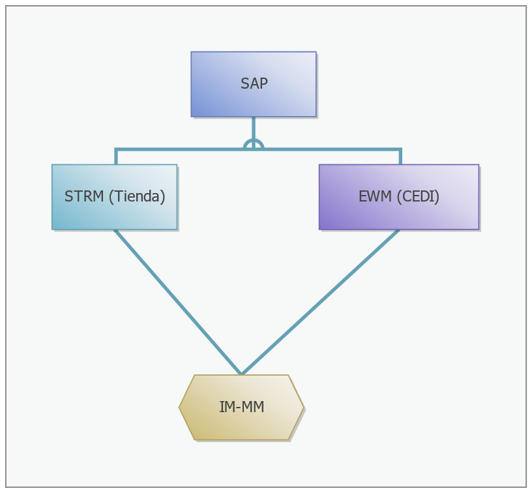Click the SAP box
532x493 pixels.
pos(254,84)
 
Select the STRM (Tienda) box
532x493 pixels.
pos(114,197)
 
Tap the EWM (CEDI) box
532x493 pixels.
pos(399,197)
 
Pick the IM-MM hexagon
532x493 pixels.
pos(241,407)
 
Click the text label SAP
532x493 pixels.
pos(254,83)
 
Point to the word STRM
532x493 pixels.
pos(84,196)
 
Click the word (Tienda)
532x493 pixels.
pos(137,197)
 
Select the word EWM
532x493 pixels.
pos(376,196)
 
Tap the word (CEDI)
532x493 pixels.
pos(418,197)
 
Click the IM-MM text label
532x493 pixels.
pos(242,407)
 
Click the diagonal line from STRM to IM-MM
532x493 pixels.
pos(178,302)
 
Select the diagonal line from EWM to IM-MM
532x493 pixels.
pos(320,302)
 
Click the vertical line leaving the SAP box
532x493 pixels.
pos(254,128)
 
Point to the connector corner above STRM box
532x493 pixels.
pos(116,149)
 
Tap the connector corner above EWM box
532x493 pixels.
pos(401,149)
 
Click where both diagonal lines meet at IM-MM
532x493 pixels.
pos(242,374)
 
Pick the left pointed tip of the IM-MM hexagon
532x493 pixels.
pos(179,408)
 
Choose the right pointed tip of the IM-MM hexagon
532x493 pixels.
pos(303,408)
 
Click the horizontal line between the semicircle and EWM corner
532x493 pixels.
pos(332,149)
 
